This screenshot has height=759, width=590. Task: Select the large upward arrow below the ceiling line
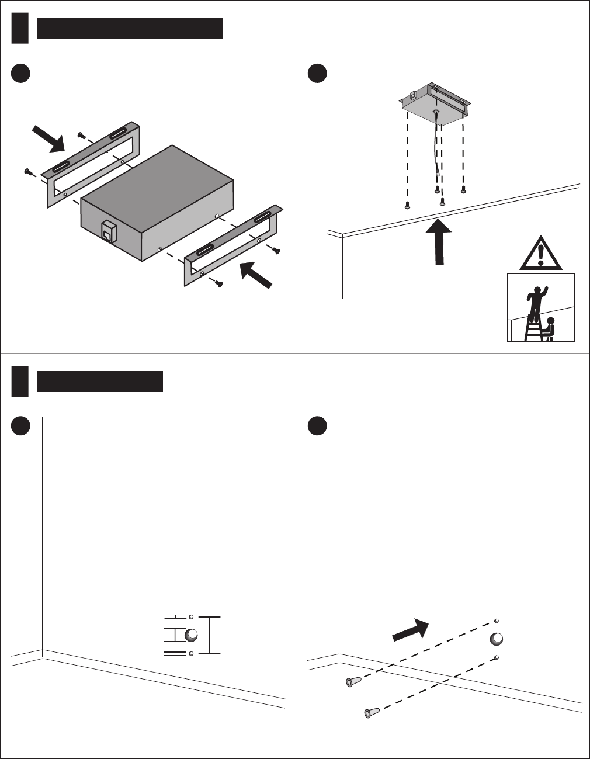point(438,241)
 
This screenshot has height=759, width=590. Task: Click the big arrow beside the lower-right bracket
point(256,275)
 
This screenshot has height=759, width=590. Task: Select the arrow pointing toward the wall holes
point(411,629)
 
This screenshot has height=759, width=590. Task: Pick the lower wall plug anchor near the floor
point(372,712)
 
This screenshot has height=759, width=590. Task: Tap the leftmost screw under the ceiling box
point(408,205)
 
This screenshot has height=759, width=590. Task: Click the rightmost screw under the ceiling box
point(463,189)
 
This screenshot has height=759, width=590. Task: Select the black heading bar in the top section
point(130,28)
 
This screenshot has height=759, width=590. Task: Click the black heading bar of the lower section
point(100,381)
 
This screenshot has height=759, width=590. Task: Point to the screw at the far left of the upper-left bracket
point(27,171)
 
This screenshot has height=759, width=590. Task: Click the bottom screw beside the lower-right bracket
point(219,283)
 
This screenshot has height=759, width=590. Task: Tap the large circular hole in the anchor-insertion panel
point(497,639)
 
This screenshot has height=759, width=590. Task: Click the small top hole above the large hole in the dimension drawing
point(191,617)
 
